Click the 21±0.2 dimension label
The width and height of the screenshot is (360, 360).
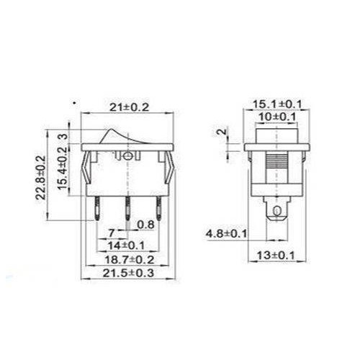pyautogui.click(x=127, y=108)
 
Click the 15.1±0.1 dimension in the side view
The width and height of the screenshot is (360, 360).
pyautogui.click(x=277, y=105)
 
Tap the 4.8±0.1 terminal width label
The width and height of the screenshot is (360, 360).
pyautogui.click(x=226, y=233)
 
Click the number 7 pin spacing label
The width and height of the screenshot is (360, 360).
pyautogui.click(x=112, y=232)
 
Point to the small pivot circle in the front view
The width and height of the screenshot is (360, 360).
pyautogui.click(x=127, y=154)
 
